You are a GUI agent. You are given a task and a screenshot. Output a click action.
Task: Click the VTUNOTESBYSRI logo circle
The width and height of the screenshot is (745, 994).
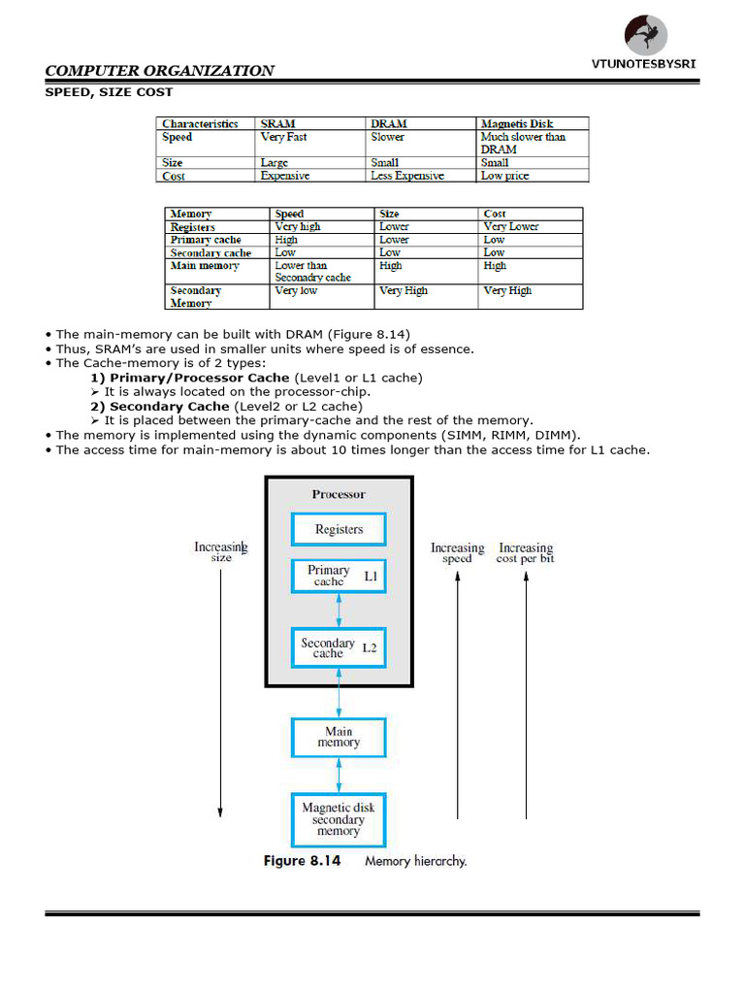coord(647,35)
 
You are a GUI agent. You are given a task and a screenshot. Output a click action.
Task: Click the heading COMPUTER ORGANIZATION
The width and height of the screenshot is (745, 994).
coord(160,70)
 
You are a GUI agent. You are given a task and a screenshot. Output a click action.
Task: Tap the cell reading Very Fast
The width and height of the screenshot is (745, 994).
coord(284,137)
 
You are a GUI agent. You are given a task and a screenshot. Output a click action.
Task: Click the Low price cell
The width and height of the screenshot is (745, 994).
coord(505,176)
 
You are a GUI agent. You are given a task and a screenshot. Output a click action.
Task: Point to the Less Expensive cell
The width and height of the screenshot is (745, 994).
coord(407,176)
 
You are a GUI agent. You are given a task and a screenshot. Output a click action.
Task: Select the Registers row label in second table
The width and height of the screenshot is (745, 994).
coord(192,226)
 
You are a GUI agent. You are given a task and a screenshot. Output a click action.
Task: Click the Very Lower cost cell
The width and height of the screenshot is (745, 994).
coord(510,226)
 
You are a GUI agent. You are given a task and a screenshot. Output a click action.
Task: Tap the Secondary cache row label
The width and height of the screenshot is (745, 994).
coord(211,252)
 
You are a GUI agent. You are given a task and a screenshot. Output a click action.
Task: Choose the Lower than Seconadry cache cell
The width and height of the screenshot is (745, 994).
coord(312,271)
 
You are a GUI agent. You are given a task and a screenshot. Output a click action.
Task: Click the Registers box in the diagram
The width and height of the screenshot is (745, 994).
coord(339,529)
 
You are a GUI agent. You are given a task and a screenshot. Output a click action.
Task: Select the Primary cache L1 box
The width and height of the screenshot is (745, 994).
coord(339,576)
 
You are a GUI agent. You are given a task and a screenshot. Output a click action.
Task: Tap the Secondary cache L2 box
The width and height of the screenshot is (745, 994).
coord(339,647)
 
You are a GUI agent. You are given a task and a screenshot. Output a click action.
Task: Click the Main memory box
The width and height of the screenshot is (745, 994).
coord(339,737)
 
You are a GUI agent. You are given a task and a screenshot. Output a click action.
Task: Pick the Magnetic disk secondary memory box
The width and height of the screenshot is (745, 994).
coord(339,819)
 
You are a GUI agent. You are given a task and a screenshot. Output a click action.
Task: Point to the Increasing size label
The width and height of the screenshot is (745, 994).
coord(220,552)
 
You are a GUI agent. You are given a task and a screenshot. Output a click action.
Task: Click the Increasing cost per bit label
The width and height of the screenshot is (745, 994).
coord(525,552)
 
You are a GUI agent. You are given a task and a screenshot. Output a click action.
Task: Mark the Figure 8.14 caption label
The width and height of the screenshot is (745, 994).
coord(302,861)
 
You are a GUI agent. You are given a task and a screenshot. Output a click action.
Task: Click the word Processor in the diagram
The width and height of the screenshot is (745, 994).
coord(339,494)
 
